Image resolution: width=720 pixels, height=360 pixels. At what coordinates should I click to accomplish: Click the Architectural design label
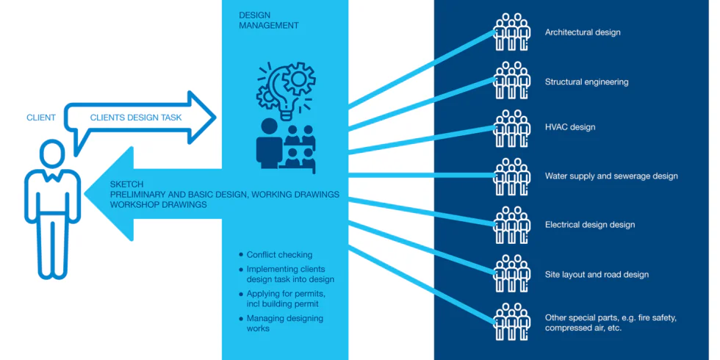click(x=583, y=32)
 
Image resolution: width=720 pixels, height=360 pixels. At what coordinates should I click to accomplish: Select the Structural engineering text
click(x=586, y=82)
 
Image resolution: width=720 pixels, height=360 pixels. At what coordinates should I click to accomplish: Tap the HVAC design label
click(x=570, y=127)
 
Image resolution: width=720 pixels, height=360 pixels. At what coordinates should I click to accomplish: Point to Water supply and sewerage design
click(x=611, y=176)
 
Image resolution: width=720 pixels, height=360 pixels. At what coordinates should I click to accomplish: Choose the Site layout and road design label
click(x=597, y=275)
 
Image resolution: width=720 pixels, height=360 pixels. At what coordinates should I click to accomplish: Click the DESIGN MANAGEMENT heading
click(x=269, y=21)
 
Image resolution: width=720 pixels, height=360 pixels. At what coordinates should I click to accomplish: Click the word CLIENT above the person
click(x=41, y=118)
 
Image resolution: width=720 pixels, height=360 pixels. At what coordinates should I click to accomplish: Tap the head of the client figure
click(x=51, y=154)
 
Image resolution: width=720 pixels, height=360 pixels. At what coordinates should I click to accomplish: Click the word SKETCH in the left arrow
click(x=126, y=184)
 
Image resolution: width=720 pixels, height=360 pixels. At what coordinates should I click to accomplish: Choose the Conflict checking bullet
click(x=279, y=255)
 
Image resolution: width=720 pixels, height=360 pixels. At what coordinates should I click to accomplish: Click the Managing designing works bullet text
click(x=284, y=323)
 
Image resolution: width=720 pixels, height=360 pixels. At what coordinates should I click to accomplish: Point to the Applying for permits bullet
click(x=284, y=299)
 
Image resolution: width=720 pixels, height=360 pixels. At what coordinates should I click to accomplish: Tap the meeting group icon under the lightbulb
click(x=286, y=144)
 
